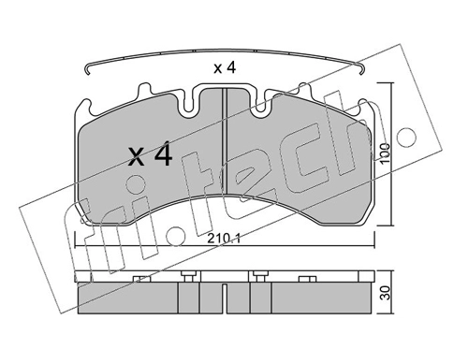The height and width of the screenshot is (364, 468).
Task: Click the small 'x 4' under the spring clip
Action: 225,67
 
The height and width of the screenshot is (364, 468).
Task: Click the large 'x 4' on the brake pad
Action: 150,153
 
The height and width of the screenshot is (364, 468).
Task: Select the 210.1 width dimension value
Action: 224,240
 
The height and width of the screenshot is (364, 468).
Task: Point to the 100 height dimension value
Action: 386,153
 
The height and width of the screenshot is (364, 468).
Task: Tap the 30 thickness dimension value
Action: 387,293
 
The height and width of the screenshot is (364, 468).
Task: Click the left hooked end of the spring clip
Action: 88,69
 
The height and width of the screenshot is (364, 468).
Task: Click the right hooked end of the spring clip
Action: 361,69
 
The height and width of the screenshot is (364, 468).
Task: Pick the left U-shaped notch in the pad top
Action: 187,100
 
